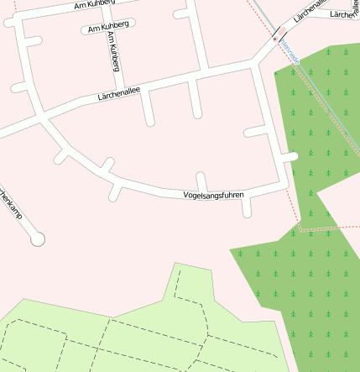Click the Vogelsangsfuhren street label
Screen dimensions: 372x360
coord(213,195)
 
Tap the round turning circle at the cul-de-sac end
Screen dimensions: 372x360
coord(36,239)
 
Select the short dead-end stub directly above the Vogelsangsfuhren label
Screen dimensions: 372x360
coord(201,180)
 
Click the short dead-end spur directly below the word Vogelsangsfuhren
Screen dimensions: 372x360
coord(247,207)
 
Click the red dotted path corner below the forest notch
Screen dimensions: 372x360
coord(299,228)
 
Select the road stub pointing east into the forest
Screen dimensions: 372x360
coord(290,156)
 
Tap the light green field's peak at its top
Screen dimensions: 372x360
coord(176,264)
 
